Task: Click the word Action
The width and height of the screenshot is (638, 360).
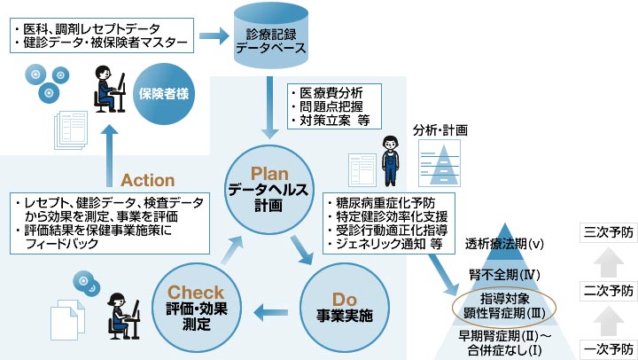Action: (x=148, y=180)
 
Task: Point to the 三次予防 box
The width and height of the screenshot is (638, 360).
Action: (x=609, y=232)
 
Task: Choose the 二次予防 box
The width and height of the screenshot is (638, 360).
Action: (x=609, y=290)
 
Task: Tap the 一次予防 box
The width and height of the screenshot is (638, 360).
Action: (x=609, y=347)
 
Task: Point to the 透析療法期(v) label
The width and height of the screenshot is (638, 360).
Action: (x=504, y=243)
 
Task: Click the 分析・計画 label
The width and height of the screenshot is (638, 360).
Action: (x=440, y=130)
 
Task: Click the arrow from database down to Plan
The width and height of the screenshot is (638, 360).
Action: (x=269, y=104)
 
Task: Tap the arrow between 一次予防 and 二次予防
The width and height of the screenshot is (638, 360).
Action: (x=609, y=318)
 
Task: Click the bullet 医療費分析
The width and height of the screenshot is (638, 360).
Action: (x=331, y=92)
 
